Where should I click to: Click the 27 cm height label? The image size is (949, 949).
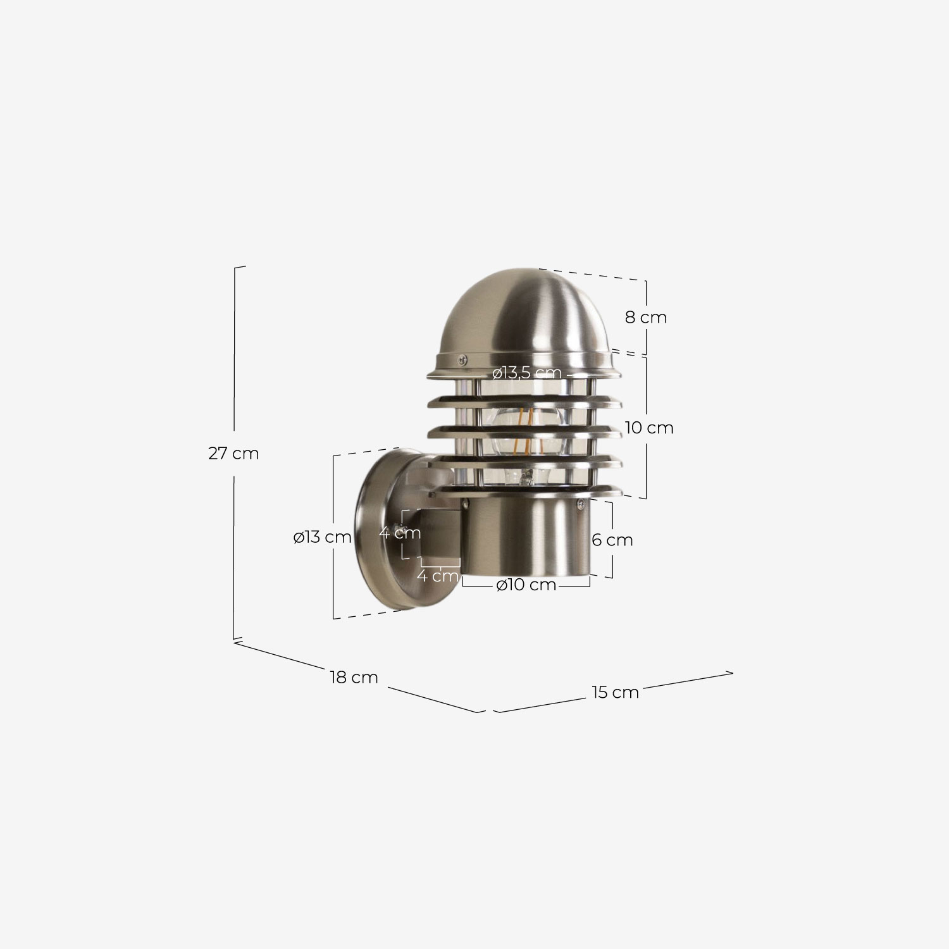tap(233, 454)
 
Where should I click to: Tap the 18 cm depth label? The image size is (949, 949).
tap(354, 678)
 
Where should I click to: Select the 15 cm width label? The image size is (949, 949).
tap(616, 692)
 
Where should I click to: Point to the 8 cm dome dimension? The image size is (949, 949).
tap(646, 317)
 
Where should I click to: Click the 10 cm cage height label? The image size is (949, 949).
tap(649, 428)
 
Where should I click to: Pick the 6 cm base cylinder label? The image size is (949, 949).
tap(612, 540)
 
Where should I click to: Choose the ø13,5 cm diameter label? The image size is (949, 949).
tap(527, 373)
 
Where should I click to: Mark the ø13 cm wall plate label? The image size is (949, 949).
tap(322, 537)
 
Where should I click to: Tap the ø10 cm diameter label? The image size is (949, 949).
tap(526, 585)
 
